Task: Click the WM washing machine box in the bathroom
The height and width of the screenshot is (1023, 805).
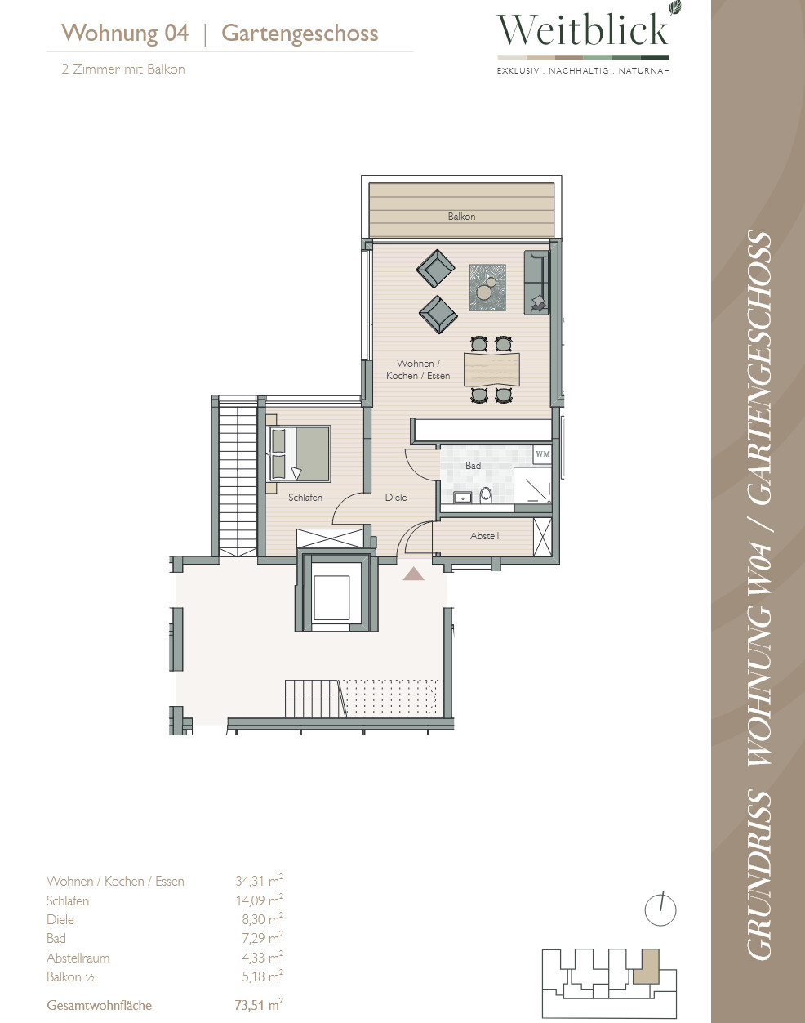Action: [542, 454]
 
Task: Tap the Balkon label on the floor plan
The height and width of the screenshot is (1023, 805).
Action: [461, 217]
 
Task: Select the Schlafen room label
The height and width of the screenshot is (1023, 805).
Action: [305, 498]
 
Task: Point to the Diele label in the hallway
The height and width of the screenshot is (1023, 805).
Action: [396, 498]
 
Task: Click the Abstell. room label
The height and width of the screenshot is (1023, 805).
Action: [486, 536]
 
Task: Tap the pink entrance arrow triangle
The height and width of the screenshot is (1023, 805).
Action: [414, 574]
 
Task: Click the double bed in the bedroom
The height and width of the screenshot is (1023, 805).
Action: [300, 453]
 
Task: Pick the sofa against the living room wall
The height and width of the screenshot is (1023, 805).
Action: [536, 283]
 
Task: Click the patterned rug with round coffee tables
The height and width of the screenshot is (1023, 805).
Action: [487, 288]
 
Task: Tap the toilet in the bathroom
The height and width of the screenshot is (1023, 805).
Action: [486, 495]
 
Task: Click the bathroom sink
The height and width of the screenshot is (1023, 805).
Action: [461, 498]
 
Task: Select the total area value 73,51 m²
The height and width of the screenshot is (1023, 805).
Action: [259, 1005]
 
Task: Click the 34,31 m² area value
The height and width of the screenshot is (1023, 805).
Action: [260, 881]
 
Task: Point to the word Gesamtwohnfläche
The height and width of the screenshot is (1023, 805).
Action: [100, 1005]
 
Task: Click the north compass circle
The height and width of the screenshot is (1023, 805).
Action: [660, 910]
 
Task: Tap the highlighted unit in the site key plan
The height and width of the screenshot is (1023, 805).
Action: [647, 966]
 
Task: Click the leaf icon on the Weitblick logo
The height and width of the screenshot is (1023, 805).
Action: [674, 8]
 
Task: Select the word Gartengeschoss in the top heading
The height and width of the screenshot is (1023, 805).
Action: [300, 34]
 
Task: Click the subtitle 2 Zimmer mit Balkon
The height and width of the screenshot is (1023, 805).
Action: [123, 69]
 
